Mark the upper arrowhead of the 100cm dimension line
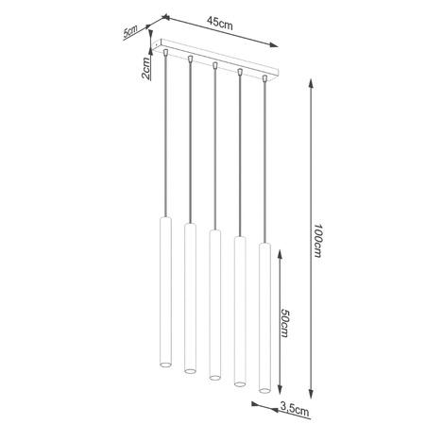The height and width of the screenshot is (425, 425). [x=311, y=84]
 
